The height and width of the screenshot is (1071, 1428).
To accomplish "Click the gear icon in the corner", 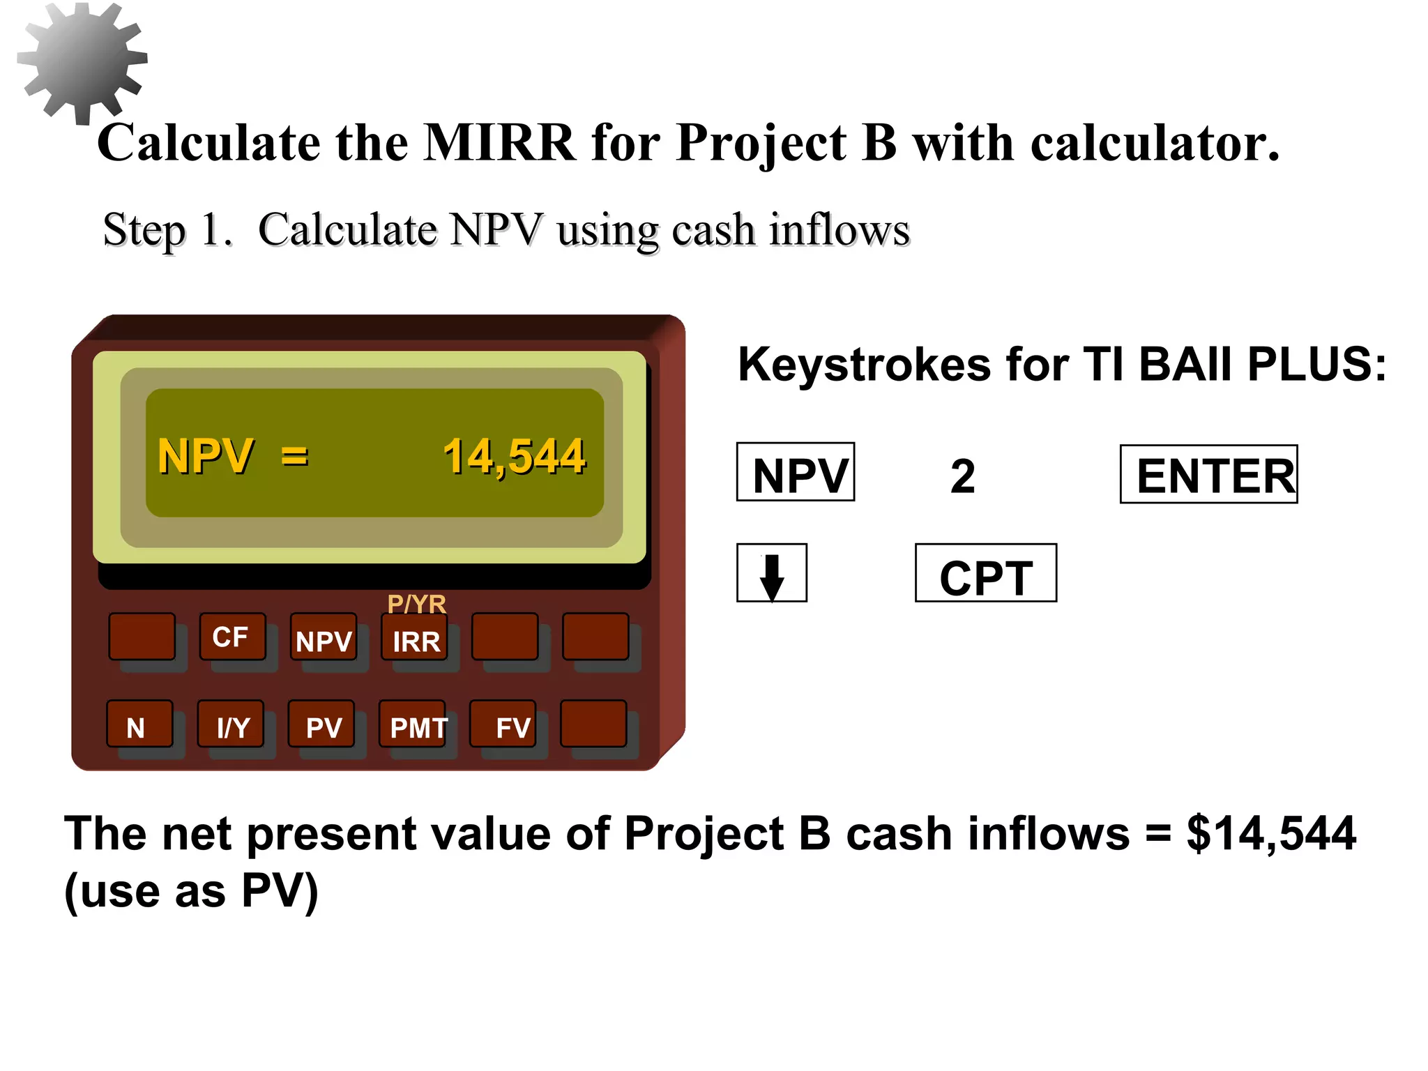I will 82,61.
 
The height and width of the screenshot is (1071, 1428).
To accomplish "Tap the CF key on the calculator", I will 231,637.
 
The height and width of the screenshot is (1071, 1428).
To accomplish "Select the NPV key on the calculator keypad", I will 324,638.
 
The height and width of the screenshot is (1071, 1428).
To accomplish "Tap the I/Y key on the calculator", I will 231,725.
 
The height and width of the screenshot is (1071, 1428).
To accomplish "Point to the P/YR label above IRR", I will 416,603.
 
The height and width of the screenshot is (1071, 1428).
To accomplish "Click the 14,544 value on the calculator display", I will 514,457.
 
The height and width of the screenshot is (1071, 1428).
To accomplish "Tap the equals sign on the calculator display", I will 294,457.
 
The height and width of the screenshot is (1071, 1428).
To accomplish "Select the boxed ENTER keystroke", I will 1208,475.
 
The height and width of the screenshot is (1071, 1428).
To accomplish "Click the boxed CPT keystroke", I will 985,573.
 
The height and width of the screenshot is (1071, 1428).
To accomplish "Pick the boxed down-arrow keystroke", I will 771,573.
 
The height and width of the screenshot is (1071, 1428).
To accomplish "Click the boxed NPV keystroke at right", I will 796,472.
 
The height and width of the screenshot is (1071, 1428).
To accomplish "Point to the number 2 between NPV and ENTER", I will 963,476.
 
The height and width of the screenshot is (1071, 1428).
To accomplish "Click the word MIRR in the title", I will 500,143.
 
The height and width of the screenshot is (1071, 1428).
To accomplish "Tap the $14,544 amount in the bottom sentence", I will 1270,834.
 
